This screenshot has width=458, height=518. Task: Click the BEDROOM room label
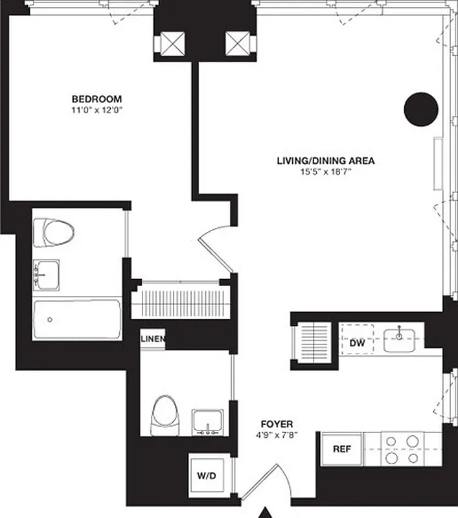click(x=97, y=99)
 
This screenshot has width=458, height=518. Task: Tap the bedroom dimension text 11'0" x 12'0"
click(x=97, y=110)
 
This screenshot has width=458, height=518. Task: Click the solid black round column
click(x=421, y=109)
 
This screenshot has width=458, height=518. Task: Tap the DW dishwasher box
click(x=357, y=344)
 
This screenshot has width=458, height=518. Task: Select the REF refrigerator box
click(x=341, y=449)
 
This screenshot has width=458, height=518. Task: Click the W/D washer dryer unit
click(x=206, y=476)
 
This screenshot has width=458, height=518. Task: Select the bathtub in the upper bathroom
click(x=77, y=319)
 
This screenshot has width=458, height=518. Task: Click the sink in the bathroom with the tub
click(x=47, y=275)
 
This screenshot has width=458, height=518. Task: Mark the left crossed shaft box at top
click(x=172, y=43)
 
